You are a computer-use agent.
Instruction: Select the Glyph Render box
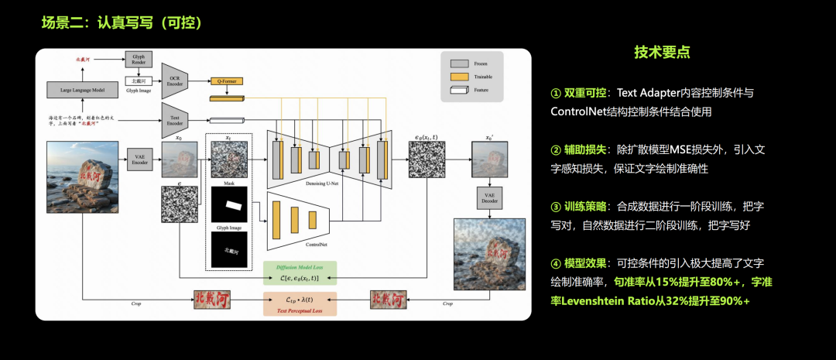(x=139, y=60)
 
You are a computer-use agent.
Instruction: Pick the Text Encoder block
(x=175, y=120)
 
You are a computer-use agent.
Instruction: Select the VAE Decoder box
(x=488, y=198)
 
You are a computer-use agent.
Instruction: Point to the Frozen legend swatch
(x=460, y=63)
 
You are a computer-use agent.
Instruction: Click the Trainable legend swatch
(x=460, y=77)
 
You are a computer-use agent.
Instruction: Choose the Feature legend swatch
(x=460, y=91)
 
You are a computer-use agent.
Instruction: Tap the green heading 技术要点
(x=663, y=53)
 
